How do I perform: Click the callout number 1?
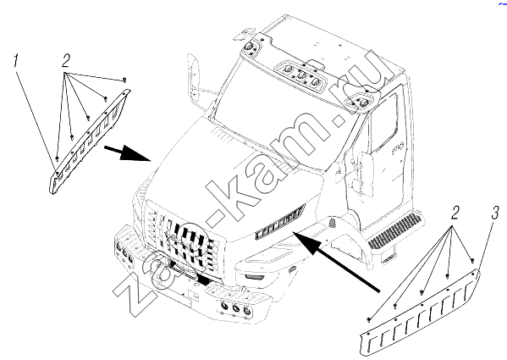(15, 62)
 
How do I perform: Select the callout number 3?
(495, 213)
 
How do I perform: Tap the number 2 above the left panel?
(66, 60)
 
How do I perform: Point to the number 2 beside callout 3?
(455, 213)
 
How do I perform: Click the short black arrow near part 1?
(128, 153)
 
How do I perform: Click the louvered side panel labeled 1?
(88, 142)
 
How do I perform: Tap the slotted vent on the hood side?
(280, 222)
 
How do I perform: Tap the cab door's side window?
(384, 124)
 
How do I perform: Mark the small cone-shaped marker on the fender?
(333, 222)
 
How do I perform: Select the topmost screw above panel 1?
(124, 80)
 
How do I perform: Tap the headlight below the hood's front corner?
(254, 276)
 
